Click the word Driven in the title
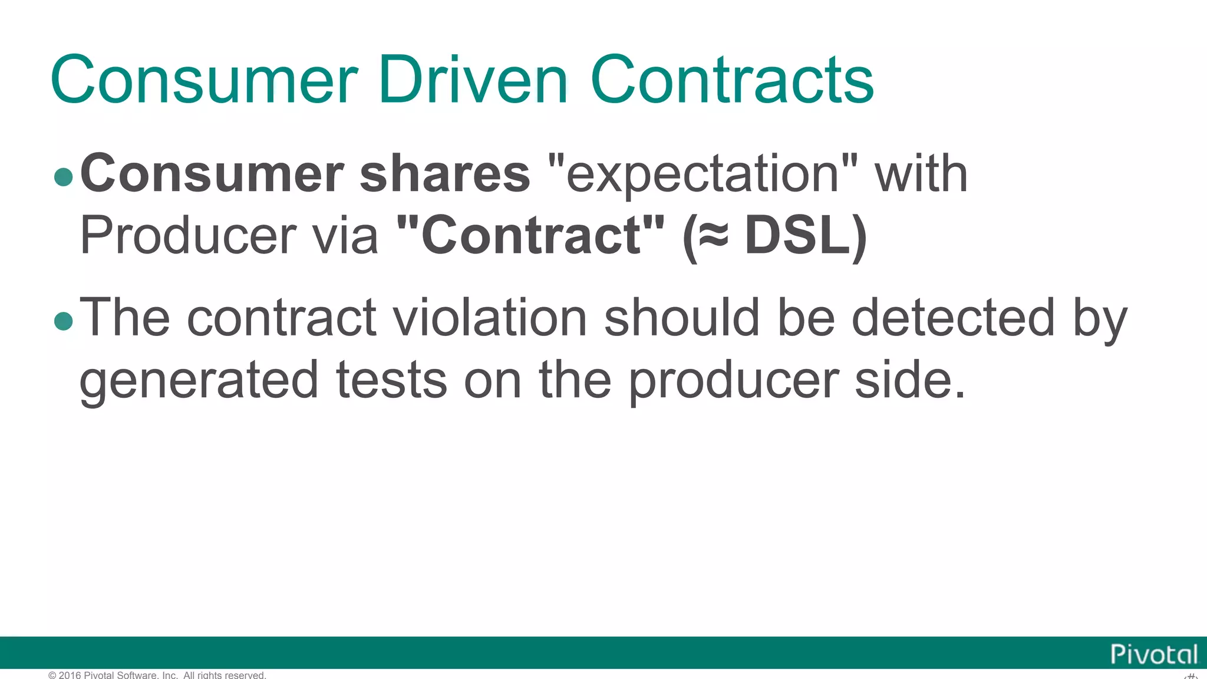pyautogui.click(x=473, y=80)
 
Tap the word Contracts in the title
pyautogui.click(x=731, y=80)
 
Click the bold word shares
pyautogui.click(x=445, y=174)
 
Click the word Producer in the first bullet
pyautogui.click(x=187, y=236)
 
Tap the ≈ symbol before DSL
pyautogui.click(x=713, y=236)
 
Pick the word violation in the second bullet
pyautogui.click(x=489, y=318)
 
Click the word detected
pyautogui.click(x=953, y=318)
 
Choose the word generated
pyautogui.click(x=199, y=381)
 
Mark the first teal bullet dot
pyautogui.click(x=63, y=177)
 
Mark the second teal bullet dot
pyautogui.click(x=63, y=321)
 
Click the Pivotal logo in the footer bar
pyautogui.click(x=1153, y=654)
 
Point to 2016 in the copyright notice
pyautogui.click(x=70, y=675)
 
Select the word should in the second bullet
pyautogui.click(x=682, y=318)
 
